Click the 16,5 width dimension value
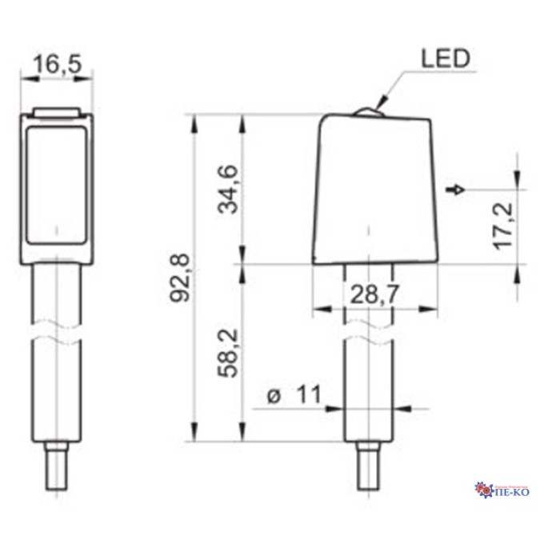pos(58,64)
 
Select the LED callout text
pos(446,58)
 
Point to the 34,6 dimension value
pos(228,190)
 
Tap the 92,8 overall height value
pos(180,278)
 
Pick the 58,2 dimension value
pos(228,354)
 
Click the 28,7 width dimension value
pos(374,294)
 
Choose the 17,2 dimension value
pos(503,226)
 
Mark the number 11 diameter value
pos(309,394)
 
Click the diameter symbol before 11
pos(274,396)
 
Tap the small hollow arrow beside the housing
pos(455,190)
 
